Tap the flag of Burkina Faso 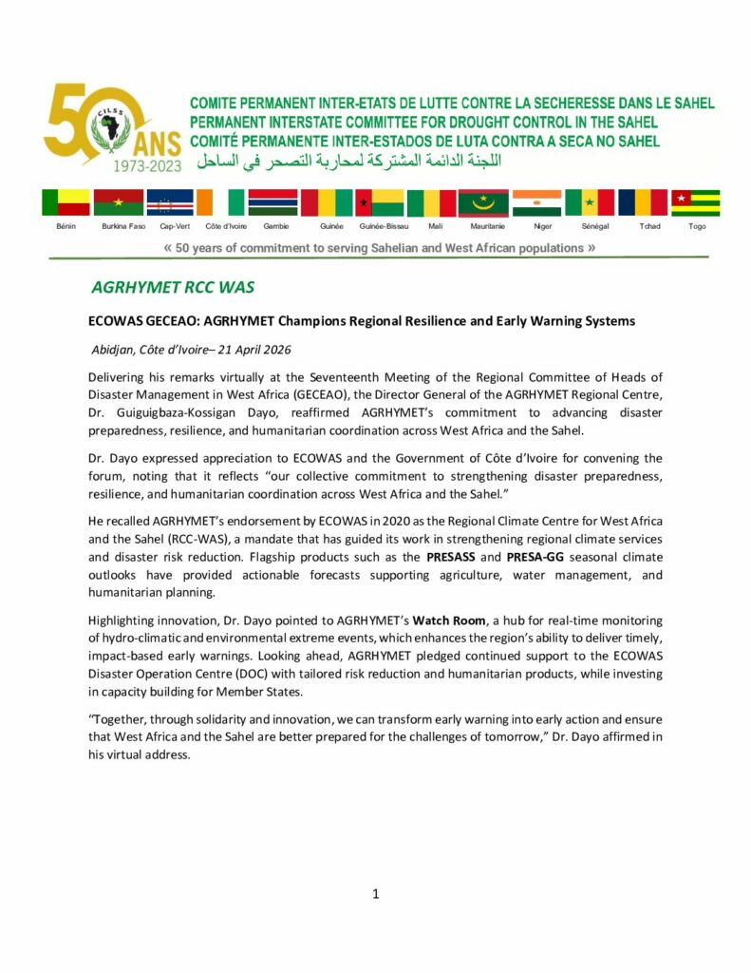pos(119,202)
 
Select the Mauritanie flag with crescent pos(483,202)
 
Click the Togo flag pos(696,202)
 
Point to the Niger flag pos(536,202)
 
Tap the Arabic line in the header pos(348,160)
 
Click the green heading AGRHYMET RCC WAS pos(173,288)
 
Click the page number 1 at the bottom pos(376,893)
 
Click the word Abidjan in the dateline pos(117,350)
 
